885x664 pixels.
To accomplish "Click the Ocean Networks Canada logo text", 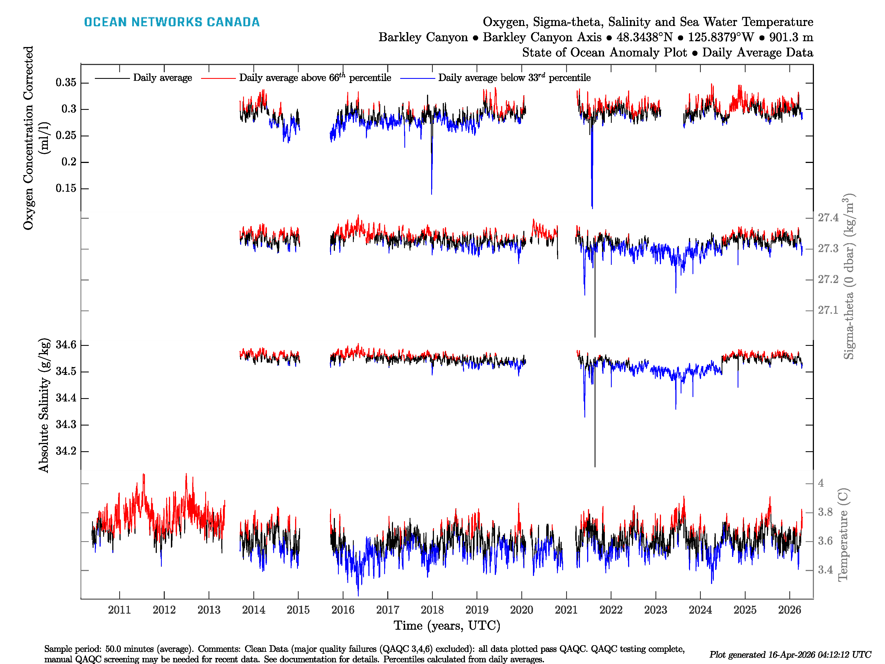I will pyautogui.click(x=172, y=22).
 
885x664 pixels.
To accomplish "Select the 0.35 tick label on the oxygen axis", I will pyautogui.click(x=66, y=82).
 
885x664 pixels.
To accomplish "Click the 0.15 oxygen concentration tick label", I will pyautogui.click(x=66, y=188).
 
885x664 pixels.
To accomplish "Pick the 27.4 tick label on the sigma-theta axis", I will pyautogui.click(x=828, y=218).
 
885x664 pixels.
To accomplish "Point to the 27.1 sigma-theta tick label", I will pyautogui.click(x=828, y=310).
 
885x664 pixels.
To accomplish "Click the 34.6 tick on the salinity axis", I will pyautogui.click(x=66, y=345).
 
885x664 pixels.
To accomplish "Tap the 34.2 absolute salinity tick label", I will pyautogui.click(x=66, y=451).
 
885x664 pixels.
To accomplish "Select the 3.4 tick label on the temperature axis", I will pyautogui.click(x=825, y=570).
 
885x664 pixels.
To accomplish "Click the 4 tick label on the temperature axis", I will pyautogui.click(x=821, y=483).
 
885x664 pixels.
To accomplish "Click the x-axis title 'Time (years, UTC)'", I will pyautogui.click(x=447, y=626).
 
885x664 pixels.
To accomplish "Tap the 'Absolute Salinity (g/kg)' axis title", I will pyautogui.click(x=44, y=405).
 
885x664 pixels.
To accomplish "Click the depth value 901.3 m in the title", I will pyautogui.click(x=791, y=37).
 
